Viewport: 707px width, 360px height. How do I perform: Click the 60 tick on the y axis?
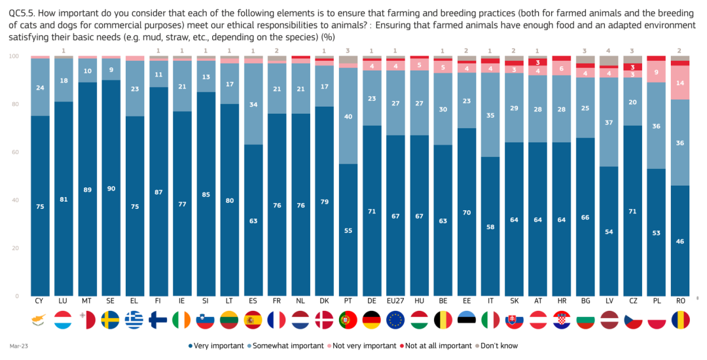pos(16,152)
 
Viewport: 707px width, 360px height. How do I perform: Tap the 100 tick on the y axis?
pos(14,56)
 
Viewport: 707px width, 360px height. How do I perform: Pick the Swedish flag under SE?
pos(112,320)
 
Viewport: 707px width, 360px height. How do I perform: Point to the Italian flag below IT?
pos(491,320)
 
